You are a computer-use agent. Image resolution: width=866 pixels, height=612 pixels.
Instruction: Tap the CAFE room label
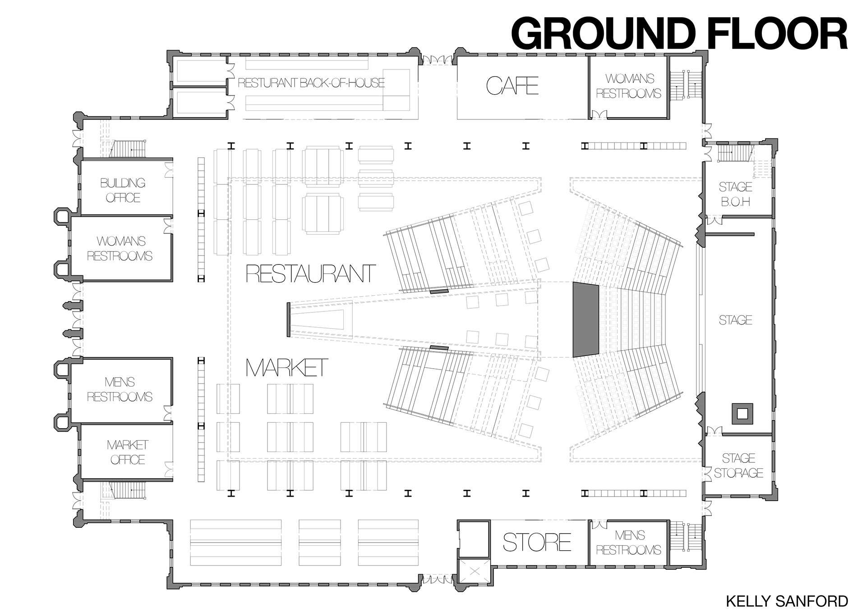point(512,86)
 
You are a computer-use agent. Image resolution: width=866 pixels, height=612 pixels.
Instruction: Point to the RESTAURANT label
point(311,274)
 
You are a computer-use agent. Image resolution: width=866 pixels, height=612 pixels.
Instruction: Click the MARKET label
point(287,368)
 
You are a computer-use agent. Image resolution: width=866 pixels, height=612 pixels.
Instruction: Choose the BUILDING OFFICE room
point(123,190)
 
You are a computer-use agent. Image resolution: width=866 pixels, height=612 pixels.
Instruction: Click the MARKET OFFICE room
point(127,452)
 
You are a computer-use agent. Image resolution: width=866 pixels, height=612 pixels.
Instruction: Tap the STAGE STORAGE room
point(738,466)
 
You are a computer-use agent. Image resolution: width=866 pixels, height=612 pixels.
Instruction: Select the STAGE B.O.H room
point(735,194)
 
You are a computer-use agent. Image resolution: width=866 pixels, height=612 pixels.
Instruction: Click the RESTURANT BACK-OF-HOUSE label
point(311,83)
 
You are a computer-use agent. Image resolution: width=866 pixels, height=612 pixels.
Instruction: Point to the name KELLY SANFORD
point(787,601)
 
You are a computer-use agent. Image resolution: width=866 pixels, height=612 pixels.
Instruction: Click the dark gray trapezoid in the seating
point(585,320)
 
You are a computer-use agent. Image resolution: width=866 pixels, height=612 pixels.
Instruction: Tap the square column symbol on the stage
point(742,413)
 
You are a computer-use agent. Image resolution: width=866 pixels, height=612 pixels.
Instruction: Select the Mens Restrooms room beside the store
point(629,543)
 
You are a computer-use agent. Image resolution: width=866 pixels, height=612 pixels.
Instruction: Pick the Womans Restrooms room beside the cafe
point(629,86)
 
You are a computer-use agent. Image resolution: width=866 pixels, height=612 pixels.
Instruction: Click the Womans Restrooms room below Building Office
point(120,248)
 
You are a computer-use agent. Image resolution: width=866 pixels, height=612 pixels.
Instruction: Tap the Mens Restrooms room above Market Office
point(120,389)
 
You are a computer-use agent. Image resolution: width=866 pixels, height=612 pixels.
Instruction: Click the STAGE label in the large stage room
point(735,320)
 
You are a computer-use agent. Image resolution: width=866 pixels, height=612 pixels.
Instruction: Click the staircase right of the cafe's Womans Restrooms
point(685,86)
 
